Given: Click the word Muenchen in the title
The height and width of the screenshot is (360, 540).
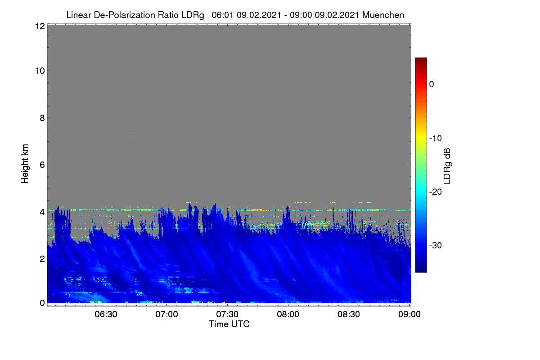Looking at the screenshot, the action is point(383,15).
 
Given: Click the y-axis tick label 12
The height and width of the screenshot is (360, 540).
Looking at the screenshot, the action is point(40,26).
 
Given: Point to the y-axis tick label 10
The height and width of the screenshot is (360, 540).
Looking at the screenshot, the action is point(40,71).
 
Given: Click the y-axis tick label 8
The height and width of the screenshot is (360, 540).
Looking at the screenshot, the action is point(42,118).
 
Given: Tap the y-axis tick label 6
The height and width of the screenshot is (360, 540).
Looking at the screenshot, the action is point(42,165).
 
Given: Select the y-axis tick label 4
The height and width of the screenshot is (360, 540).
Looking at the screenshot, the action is point(42,212).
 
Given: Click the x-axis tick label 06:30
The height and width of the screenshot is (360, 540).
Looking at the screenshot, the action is point(106,315).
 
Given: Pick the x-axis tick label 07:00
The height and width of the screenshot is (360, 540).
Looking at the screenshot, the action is point(166,315).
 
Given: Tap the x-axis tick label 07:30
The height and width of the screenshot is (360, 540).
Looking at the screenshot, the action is point(227,315).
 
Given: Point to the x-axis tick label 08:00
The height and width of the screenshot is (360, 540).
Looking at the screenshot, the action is point(288,315).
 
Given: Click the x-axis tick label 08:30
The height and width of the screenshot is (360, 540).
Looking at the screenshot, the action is point(349,315).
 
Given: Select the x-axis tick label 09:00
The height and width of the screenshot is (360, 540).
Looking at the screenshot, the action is point(409,315).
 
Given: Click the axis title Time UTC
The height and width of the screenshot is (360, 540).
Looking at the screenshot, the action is point(229,324).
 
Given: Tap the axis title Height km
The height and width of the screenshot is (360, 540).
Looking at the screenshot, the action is point(25,164).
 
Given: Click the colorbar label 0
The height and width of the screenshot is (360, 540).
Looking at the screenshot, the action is point(432,85).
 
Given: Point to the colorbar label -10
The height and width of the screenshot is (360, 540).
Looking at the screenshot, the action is point(436,139).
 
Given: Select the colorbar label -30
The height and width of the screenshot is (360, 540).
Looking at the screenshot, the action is point(436,245).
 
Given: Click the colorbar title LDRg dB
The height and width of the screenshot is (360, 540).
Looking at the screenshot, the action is point(447,166).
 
